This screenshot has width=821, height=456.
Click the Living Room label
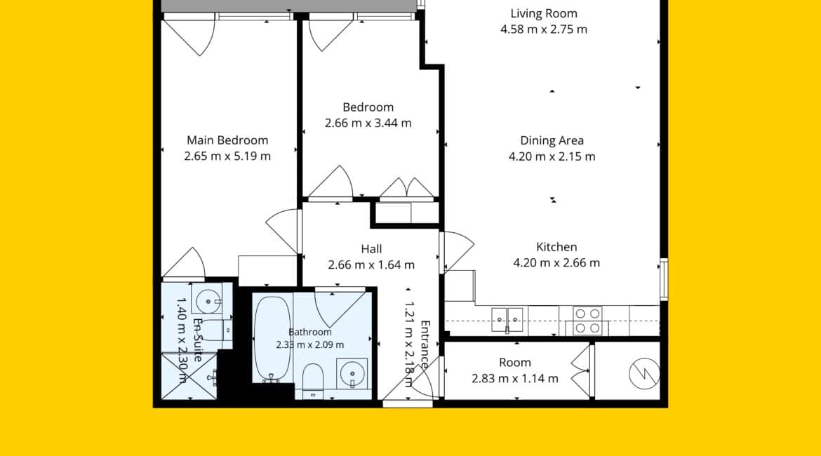pyautogui.click(x=544, y=13)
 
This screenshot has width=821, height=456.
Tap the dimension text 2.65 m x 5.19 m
pyautogui.click(x=227, y=156)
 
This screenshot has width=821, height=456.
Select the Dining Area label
pyautogui.click(x=552, y=140)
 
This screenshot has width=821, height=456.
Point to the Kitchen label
pyautogui.click(x=556, y=247)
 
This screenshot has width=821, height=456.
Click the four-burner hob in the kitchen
pyautogui.click(x=587, y=321)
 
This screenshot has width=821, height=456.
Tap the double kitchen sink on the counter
pyautogui.click(x=507, y=319)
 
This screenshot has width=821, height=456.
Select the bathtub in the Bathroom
pyautogui.click(x=272, y=340)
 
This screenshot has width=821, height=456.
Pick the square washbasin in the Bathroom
pyautogui.click(x=352, y=373)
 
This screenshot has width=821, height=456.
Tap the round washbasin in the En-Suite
pyautogui.click(x=208, y=301)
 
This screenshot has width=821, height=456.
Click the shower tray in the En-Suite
pyautogui.click(x=189, y=377)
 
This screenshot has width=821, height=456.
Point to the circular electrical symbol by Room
pyautogui.click(x=644, y=374)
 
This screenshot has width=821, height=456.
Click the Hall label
pyautogui.click(x=371, y=249)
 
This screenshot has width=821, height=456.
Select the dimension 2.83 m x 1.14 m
pyautogui.click(x=514, y=379)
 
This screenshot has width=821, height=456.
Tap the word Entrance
pyautogui.click(x=425, y=345)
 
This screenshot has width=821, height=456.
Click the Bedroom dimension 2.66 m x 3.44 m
pyautogui.click(x=368, y=123)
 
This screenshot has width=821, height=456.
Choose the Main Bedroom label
pyautogui.click(x=227, y=140)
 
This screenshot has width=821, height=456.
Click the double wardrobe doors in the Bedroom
pyautogui.click(x=407, y=187)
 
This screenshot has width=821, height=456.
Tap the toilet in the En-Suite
pyautogui.click(x=218, y=329)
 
